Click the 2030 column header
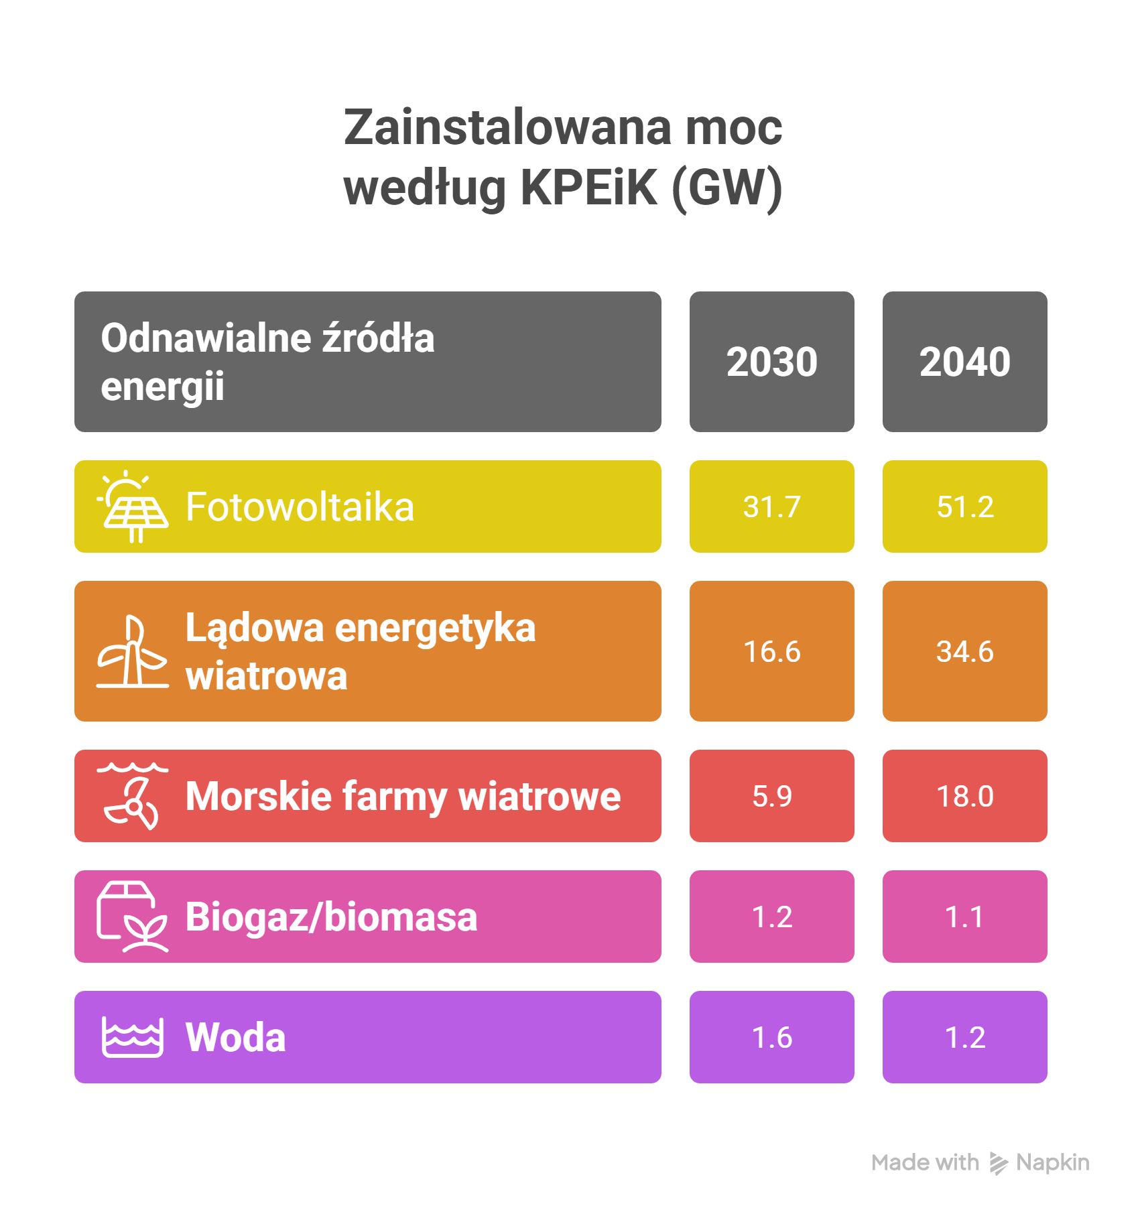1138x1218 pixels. pos(771,362)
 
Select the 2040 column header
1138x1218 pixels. pos(964,362)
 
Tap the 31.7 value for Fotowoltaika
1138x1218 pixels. pos(771,506)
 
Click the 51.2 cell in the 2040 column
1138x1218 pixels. pos(964,506)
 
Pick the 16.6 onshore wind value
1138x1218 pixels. pos(771,651)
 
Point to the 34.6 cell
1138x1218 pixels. pos(964,651)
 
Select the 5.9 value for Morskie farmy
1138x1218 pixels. pos(771,796)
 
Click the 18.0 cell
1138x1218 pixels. pos(964,796)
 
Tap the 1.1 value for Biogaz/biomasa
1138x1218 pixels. pos(964,917)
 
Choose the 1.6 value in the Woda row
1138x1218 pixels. pos(771,1037)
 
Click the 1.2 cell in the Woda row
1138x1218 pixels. pos(964,1037)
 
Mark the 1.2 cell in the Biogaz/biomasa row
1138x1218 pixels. pos(771,917)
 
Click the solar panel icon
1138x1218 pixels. pos(133,507)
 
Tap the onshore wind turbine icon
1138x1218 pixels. pos(133,652)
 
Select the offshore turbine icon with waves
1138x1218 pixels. pos(133,796)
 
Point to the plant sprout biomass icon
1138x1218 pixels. pos(133,917)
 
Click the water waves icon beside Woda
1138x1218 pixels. pos(133,1037)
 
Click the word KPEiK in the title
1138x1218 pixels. pos(589,188)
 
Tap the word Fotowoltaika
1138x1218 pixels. pos(300,507)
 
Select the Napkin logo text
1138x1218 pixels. pos(1052,1162)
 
